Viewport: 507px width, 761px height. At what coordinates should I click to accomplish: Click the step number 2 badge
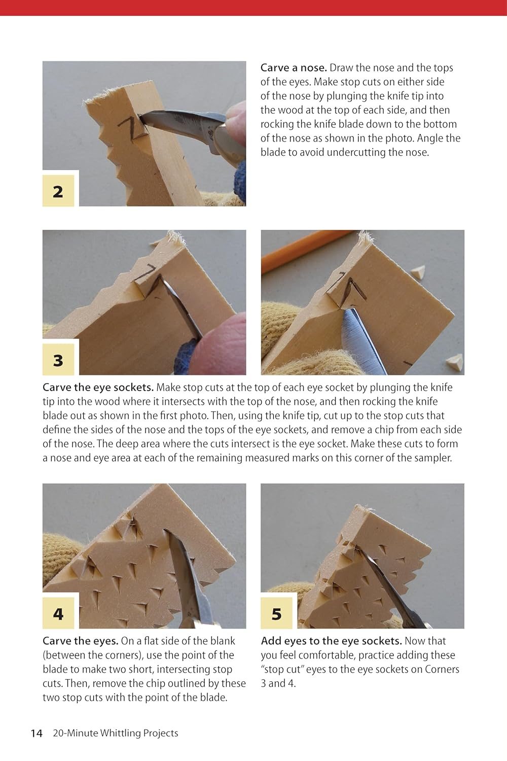coord(58,191)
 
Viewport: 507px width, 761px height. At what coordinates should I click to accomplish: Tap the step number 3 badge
coord(58,360)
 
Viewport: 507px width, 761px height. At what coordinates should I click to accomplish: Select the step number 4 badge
coord(58,614)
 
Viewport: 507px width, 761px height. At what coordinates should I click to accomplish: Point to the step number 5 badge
coord(276,614)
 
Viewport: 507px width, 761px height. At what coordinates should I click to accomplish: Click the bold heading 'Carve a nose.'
coord(294,68)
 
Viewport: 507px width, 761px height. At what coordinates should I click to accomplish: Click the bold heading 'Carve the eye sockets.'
coord(98,388)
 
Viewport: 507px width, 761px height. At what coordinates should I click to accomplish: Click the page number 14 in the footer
coord(37,733)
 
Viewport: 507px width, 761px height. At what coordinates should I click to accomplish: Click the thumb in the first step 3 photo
coord(218,345)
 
